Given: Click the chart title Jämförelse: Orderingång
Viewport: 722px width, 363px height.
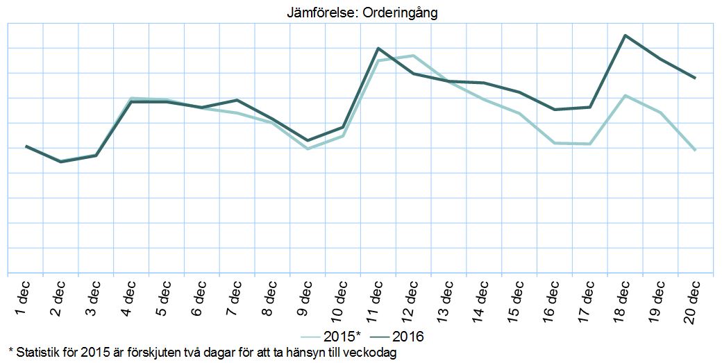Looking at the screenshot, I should click(362, 12).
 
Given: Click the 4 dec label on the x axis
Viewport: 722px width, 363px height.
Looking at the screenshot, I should click(128, 298).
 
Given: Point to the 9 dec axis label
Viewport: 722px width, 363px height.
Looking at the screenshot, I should click(305, 298).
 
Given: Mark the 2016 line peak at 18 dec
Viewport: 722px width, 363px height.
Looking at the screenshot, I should click(626, 35).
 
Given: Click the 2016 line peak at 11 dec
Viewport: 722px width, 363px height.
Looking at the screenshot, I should click(377, 48).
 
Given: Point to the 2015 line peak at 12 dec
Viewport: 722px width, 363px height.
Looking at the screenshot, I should click(413, 56).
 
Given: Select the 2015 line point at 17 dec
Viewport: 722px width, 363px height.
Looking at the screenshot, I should click(590, 144).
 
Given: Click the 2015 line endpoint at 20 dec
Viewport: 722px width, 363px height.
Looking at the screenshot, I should click(696, 150).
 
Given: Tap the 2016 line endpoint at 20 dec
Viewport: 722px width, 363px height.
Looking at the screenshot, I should click(696, 78).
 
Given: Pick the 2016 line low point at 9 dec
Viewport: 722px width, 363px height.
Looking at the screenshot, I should click(307, 141).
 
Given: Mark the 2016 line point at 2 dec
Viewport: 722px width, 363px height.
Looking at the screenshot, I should click(61, 162).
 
